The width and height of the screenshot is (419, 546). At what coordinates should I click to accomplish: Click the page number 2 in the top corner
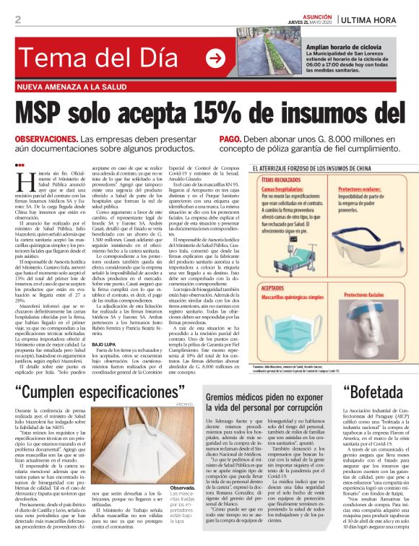(17, 19)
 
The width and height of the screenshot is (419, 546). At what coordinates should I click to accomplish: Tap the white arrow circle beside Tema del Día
(215, 57)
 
